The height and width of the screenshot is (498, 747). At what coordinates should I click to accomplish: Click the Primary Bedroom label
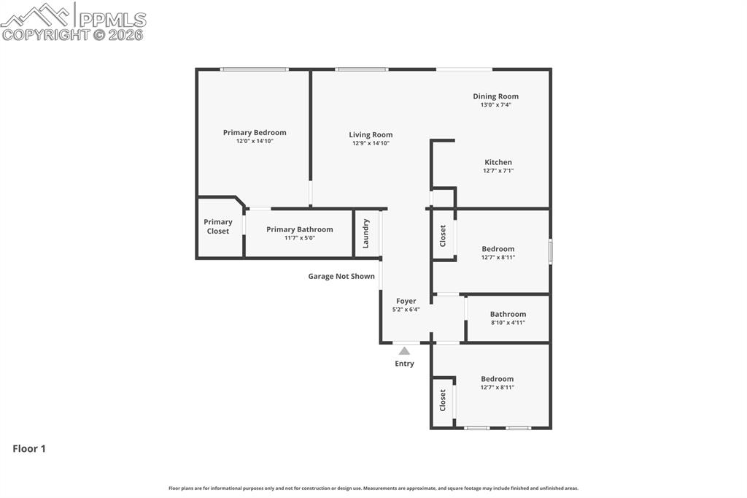click(255, 132)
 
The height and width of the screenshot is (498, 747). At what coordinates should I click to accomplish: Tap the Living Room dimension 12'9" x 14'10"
click(371, 143)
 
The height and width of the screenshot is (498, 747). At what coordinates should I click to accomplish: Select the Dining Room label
click(495, 96)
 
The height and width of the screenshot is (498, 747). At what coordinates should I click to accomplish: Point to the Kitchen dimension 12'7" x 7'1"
click(498, 171)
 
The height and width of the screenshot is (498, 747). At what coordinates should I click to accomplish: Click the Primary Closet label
click(218, 226)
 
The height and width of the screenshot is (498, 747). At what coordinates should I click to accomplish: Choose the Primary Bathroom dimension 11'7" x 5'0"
click(299, 238)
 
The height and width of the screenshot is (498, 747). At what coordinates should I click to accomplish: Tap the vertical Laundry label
click(366, 234)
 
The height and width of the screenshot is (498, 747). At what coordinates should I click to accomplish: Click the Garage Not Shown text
click(341, 276)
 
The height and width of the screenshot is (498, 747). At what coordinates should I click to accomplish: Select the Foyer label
click(406, 301)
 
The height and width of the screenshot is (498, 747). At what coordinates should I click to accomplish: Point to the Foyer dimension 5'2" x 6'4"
click(406, 310)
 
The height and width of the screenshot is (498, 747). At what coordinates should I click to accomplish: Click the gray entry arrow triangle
click(404, 351)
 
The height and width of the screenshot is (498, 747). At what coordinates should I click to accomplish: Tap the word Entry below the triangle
click(404, 364)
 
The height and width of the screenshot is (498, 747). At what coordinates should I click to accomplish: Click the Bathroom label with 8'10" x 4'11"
click(508, 314)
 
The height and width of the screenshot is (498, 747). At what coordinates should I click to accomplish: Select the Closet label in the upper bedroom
click(443, 235)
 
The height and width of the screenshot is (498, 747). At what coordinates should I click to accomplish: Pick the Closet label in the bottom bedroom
click(443, 399)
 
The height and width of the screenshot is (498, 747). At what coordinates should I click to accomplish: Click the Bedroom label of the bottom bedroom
click(497, 379)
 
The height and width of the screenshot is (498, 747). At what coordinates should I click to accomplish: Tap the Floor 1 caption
click(29, 449)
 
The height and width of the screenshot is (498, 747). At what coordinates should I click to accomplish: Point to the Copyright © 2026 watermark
click(72, 34)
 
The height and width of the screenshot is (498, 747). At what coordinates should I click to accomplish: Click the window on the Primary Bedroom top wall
click(255, 69)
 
